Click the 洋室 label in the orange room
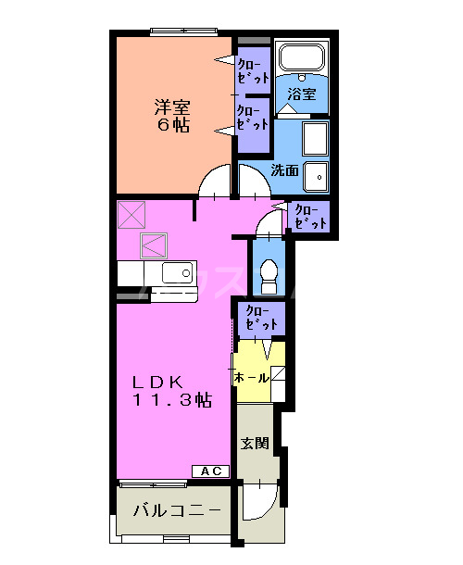171,105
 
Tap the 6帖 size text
171,124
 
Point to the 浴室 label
301,94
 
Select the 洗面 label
285,170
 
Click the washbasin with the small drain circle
317,175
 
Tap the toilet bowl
269,271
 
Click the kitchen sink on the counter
176,273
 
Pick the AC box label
211,471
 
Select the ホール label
251,378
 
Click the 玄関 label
255,444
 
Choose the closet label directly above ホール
260,320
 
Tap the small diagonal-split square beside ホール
278,377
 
